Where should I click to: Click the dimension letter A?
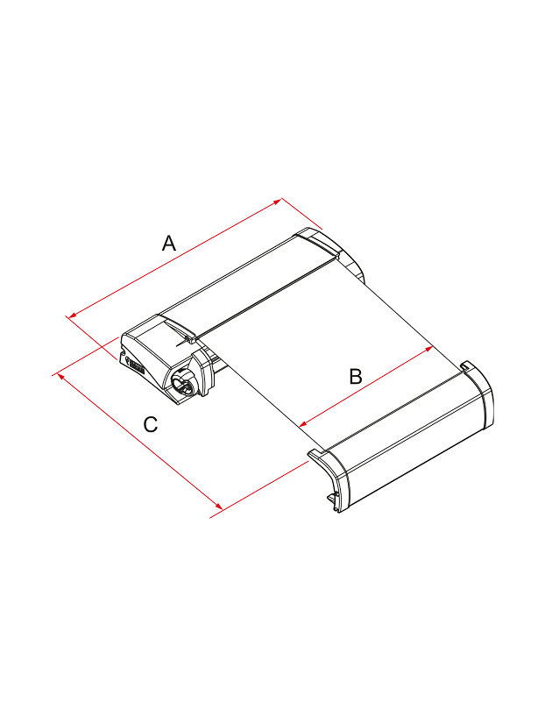point(169,243)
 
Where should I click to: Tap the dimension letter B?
point(356,377)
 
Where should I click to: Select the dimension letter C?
point(150,424)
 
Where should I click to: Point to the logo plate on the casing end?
point(137,366)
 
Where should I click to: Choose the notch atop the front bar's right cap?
point(466,365)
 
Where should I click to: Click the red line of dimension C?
point(139,441)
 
